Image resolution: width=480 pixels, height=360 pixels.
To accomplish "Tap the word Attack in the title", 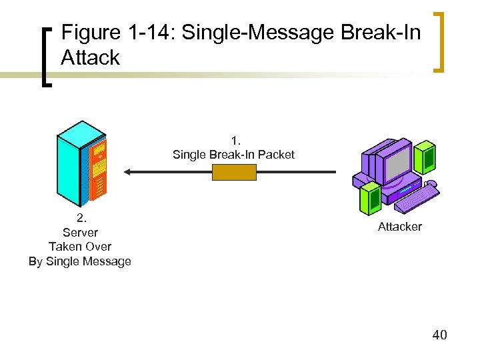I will [x=90, y=57].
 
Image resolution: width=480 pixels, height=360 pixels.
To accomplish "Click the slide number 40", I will [x=439, y=335].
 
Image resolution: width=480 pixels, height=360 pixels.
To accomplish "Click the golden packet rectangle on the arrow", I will [x=234, y=172].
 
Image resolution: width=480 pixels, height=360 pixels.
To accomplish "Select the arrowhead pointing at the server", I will [x=127, y=172].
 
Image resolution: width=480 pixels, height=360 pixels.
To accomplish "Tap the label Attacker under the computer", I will [x=399, y=227].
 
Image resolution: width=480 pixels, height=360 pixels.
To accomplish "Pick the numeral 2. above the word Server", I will [x=81, y=218].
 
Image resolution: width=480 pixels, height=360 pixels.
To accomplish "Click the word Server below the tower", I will [x=80, y=233].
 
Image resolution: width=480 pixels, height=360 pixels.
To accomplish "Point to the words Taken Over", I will [x=80, y=247].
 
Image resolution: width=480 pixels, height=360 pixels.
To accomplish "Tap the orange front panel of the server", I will [x=99, y=170].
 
